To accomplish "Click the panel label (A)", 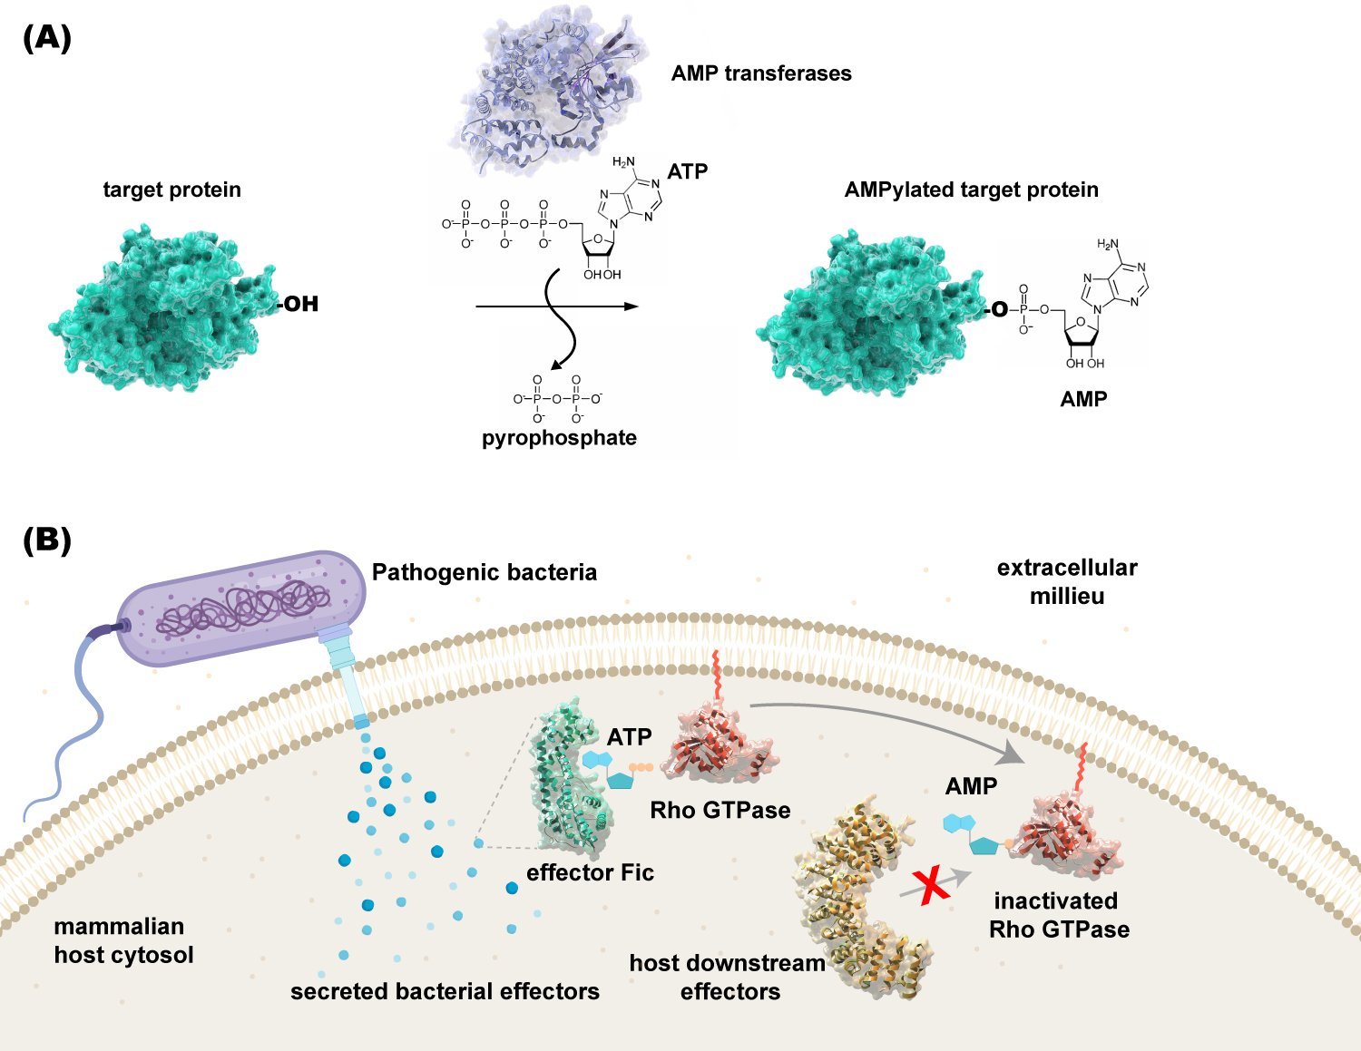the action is pos(47,39).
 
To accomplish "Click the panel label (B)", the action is pos(47,540).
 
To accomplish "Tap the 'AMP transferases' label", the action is pos(761,73).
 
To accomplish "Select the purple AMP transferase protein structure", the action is pos(548,88).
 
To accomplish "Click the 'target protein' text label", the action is pos(171,190).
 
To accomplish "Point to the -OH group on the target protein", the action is pos(299,304).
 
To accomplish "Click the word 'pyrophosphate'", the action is pos(559,438).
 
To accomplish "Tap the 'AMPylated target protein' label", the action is pos(972,190).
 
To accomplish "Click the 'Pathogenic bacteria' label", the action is pos(485,572).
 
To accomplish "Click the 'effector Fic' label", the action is pos(590,872).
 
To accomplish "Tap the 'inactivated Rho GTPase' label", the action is pos(1059,915).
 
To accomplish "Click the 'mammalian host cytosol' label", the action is pos(123,940).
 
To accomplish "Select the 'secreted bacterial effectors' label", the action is pos(445,991).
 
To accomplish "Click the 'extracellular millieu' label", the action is pos(1067,581).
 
